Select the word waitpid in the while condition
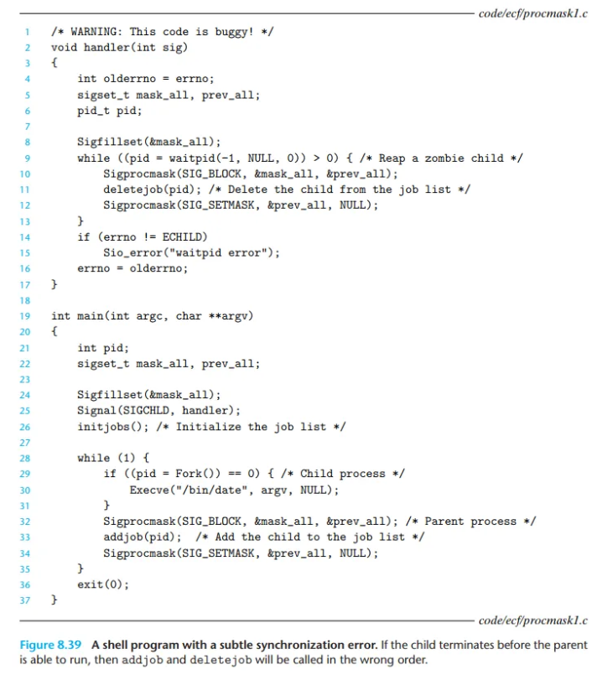pyautogui.click(x=195, y=158)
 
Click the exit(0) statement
pyautogui.click(x=103, y=584)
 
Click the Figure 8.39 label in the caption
pyautogui.click(x=52, y=645)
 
